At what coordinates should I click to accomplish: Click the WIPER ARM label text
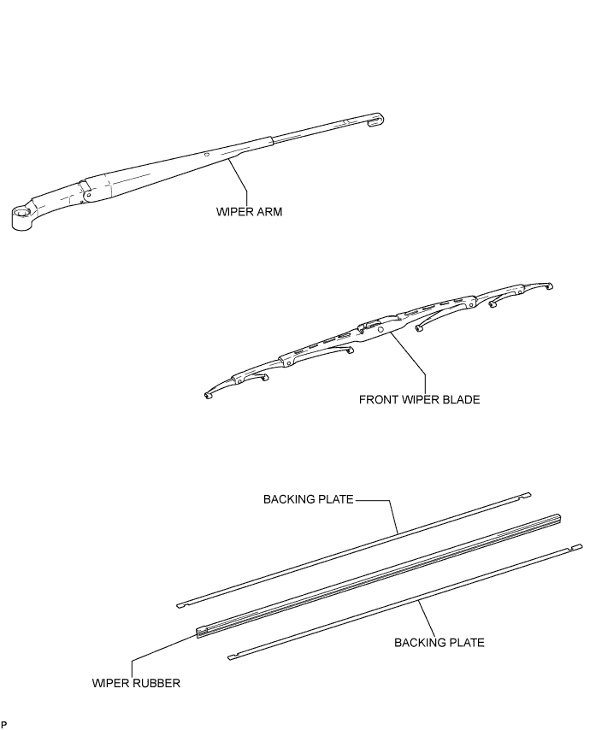(249, 213)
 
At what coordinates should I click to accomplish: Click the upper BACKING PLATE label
(308, 500)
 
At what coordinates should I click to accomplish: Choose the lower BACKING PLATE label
(439, 641)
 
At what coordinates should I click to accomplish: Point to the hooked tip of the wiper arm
(374, 121)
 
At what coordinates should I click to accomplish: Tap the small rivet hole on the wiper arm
(206, 154)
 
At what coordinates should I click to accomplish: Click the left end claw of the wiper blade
(208, 395)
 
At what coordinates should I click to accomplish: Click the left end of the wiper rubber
(202, 633)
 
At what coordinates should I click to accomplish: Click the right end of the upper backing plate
(527, 494)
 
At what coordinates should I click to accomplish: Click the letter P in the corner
(3, 724)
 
